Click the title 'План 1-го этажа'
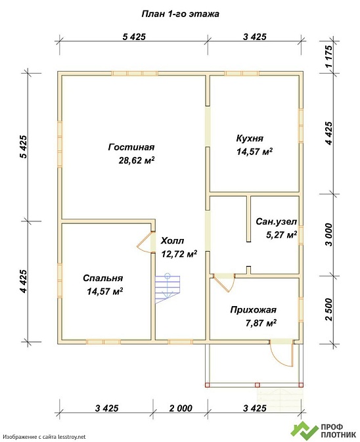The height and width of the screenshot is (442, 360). [x=180, y=14]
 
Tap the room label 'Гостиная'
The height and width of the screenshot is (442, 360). [x=131, y=147]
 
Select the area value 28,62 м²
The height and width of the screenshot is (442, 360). [x=137, y=160]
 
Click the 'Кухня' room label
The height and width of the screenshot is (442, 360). [x=250, y=139]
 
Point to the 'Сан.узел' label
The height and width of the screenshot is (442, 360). [x=277, y=221]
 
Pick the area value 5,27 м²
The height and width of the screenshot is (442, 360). [x=281, y=234]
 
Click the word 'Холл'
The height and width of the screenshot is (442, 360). [x=173, y=241]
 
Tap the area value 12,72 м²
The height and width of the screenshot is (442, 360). [x=179, y=254]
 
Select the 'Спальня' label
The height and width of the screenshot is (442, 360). [x=103, y=278]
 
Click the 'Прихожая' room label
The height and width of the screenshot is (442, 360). [x=253, y=310]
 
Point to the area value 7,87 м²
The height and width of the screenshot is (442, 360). [x=261, y=322]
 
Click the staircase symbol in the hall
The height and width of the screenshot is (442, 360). [x=168, y=289]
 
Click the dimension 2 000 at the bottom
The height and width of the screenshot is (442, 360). [x=181, y=408]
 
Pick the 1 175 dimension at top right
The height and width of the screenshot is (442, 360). [x=328, y=56]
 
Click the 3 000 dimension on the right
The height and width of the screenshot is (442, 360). [x=328, y=235]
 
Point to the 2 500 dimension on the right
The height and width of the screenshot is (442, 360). [x=328, y=309]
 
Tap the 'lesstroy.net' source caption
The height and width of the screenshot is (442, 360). [x=45, y=437]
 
